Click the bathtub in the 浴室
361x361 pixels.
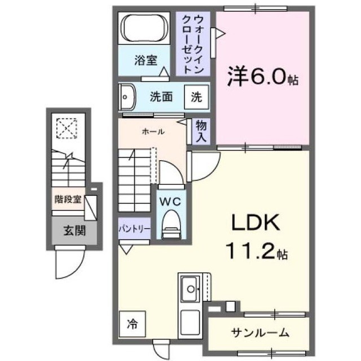tap(144, 28)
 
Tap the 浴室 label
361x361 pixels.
tap(146, 60)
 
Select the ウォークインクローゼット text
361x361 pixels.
tap(193, 45)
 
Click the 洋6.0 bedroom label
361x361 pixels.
tap(263, 77)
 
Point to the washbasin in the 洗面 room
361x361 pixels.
tap(127, 96)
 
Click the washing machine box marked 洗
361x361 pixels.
tap(196, 96)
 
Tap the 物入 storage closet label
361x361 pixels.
tap(201, 131)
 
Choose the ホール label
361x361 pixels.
tap(153, 131)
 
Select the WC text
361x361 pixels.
tap(170, 202)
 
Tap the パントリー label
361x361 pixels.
tap(135, 229)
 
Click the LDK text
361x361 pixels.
tap(256, 222)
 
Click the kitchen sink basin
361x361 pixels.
tap(190, 289)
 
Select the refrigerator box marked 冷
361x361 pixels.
tap(133, 324)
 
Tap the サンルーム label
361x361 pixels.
tap(260, 333)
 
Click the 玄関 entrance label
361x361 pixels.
tap(74, 231)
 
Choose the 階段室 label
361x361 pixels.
tap(68, 199)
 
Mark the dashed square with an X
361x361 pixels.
tap(67, 128)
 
